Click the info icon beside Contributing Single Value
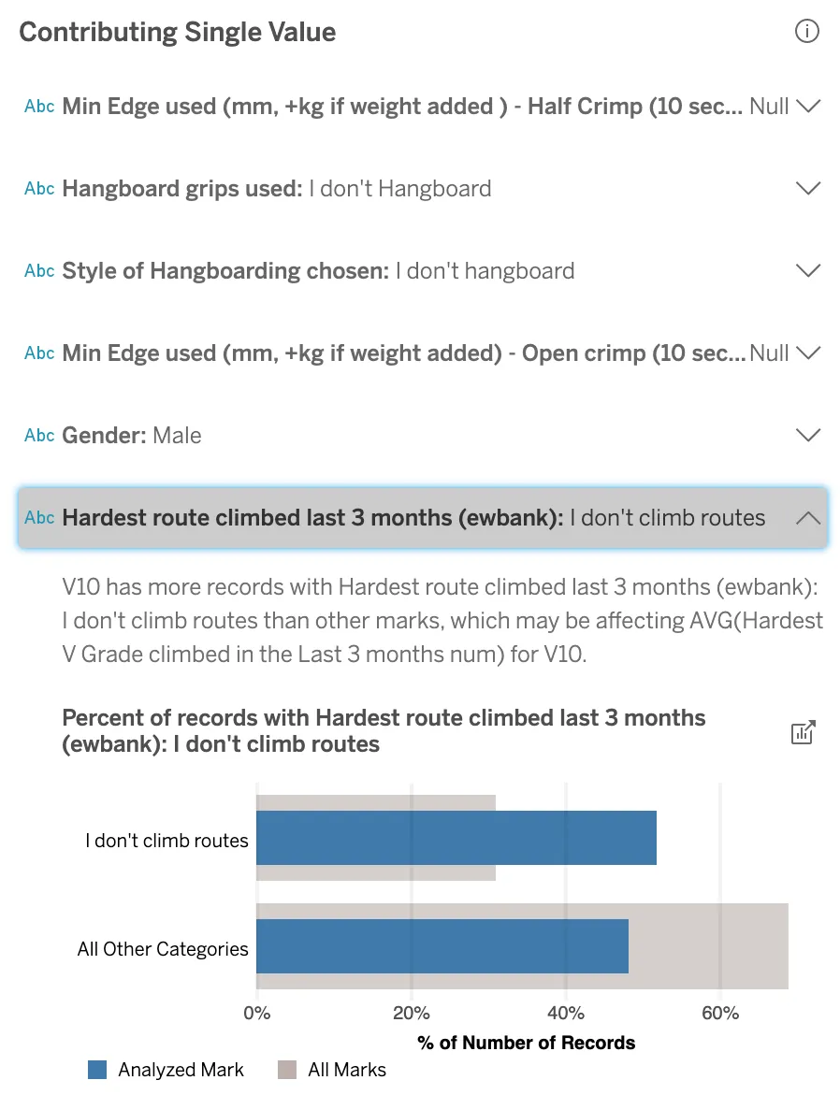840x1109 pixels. click(806, 32)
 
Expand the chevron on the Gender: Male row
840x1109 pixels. click(807, 435)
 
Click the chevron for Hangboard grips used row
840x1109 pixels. click(807, 188)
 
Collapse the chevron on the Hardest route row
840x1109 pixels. click(807, 517)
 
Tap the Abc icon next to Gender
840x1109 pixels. click(39, 435)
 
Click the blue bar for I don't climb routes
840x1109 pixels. click(456, 838)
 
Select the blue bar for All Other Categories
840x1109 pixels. click(442, 946)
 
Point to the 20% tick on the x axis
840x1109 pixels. click(411, 1013)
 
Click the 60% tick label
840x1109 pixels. click(719, 1013)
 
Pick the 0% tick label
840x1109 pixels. click(256, 1013)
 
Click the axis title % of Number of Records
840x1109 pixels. click(527, 1043)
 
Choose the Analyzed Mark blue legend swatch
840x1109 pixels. click(97, 1070)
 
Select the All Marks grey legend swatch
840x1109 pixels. click(287, 1070)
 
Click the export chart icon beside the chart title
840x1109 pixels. click(804, 732)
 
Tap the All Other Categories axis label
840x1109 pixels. click(163, 949)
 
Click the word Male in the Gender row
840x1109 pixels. click(177, 435)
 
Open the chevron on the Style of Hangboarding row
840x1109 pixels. click(807, 270)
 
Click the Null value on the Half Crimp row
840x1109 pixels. click(769, 106)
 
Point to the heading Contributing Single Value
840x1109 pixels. click(177, 32)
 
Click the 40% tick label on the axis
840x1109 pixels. click(565, 1013)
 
